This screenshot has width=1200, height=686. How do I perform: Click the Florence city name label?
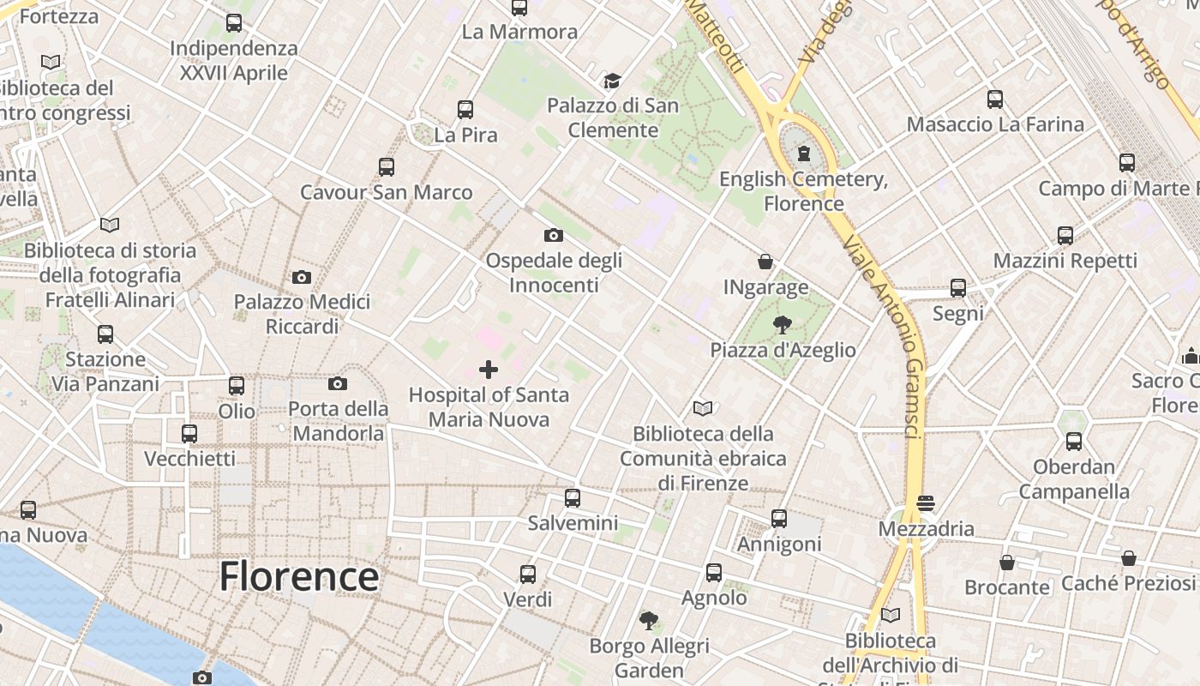click(x=298, y=577)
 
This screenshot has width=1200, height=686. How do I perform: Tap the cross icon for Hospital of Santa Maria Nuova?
click(x=489, y=370)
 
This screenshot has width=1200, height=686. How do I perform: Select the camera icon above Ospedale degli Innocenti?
click(x=554, y=235)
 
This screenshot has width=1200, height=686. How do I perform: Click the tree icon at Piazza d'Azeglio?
click(x=782, y=325)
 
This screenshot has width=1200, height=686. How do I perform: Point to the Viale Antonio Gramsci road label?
click(x=883, y=334)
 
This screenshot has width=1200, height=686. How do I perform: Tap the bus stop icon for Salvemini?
click(x=573, y=497)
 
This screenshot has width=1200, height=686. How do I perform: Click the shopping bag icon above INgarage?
click(x=765, y=262)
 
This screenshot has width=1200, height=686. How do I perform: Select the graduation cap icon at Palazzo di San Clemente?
click(x=612, y=81)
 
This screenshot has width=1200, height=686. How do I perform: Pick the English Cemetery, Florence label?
click(x=803, y=191)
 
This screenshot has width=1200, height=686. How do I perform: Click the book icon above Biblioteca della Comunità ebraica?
click(x=703, y=408)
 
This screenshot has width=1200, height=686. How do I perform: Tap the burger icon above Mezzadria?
click(x=925, y=502)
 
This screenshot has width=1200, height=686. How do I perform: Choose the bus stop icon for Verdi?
click(x=528, y=574)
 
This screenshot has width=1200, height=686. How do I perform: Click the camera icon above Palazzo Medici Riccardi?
click(x=302, y=277)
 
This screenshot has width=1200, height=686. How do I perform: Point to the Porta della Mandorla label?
click(x=339, y=421)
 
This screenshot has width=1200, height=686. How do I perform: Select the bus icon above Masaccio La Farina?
click(x=994, y=99)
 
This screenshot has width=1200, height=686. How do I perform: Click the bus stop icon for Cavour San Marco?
click(x=387, y=166)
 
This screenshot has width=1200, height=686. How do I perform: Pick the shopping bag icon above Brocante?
click(x=1007, y=563)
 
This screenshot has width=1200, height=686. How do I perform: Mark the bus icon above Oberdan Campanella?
click(x=1074, y=442)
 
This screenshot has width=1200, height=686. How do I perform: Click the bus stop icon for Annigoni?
click(x=779, y=518)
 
